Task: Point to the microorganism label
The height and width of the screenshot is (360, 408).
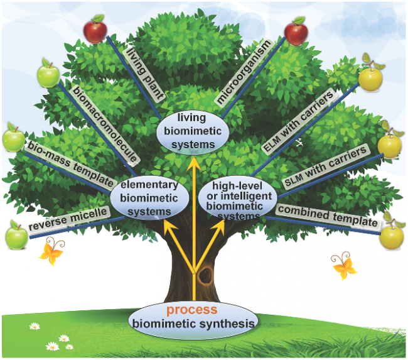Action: (243, 72)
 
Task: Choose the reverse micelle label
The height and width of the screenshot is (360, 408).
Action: (67, 219)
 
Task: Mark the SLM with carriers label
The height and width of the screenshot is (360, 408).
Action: (326, 166)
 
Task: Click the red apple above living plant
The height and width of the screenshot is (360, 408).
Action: (95, 29)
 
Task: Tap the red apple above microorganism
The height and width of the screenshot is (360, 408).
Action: (295, 30)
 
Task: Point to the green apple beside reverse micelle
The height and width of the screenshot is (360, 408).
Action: (16, 236)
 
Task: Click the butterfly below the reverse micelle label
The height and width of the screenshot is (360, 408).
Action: (51, 253)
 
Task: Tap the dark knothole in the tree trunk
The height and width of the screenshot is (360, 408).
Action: (204, 274)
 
